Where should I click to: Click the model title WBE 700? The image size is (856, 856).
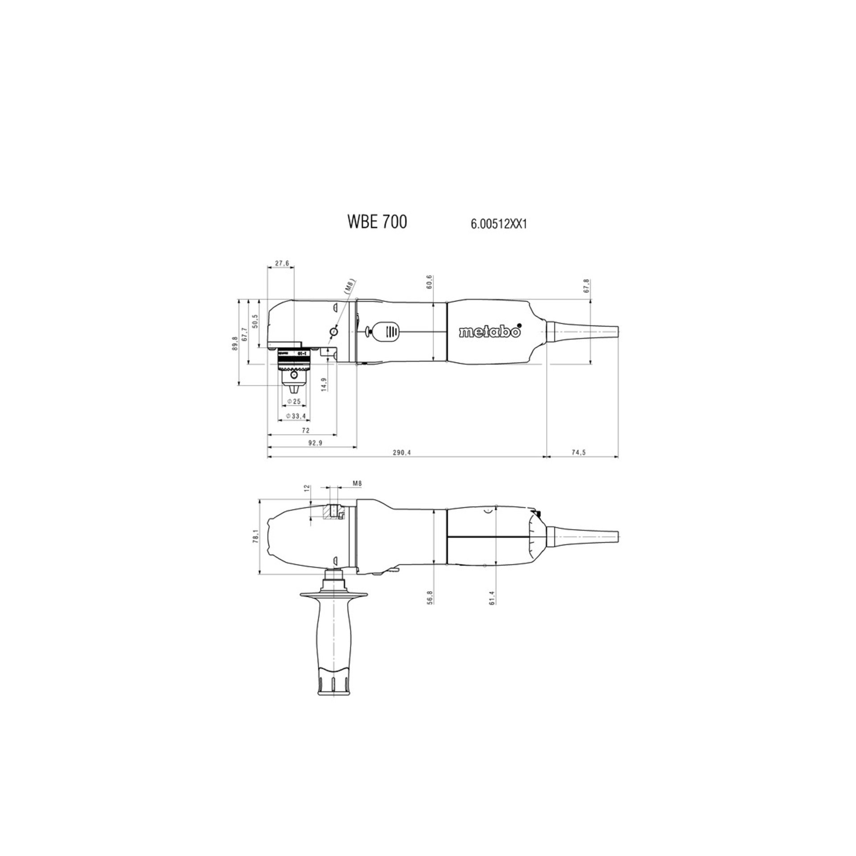click(377, 222)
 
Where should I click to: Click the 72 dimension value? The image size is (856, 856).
click(305, 431)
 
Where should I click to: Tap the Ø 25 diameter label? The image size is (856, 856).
click(294, 401)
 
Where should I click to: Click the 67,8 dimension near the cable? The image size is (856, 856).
click(586, 285)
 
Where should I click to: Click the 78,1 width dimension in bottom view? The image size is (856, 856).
click(255, 536)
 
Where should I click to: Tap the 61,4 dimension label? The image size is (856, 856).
click(492, 597)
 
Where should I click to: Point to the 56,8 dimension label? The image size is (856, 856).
click(429, 597)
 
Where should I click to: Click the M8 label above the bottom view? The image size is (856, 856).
click(357, 483)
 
